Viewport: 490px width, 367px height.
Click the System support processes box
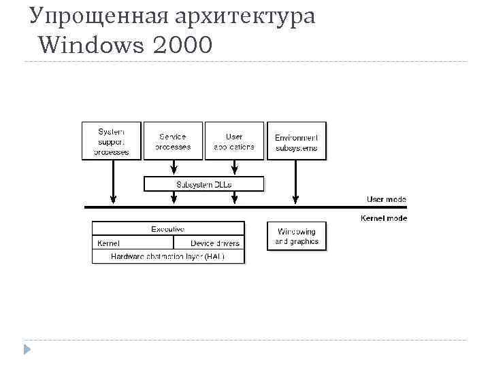[112, 141]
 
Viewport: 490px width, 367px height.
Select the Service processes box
[173, 141]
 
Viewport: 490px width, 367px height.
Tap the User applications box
[234, 141]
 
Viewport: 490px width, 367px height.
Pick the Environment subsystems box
[296, 141]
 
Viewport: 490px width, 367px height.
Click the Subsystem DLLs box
[203, 184]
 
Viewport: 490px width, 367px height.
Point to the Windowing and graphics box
[296, 236]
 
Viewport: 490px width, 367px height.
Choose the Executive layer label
[167, 229]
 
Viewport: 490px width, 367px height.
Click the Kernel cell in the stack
[133, 243]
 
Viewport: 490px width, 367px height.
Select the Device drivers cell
[209, 243]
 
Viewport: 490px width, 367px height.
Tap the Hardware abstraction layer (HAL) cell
[167, 256]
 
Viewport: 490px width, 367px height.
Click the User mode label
[387, 199]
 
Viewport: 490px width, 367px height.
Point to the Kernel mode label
[384, 217]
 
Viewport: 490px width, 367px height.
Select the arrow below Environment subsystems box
[295, 181]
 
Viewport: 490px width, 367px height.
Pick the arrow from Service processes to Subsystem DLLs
[174, 167]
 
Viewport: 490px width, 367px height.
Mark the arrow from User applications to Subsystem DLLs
[234, 167]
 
